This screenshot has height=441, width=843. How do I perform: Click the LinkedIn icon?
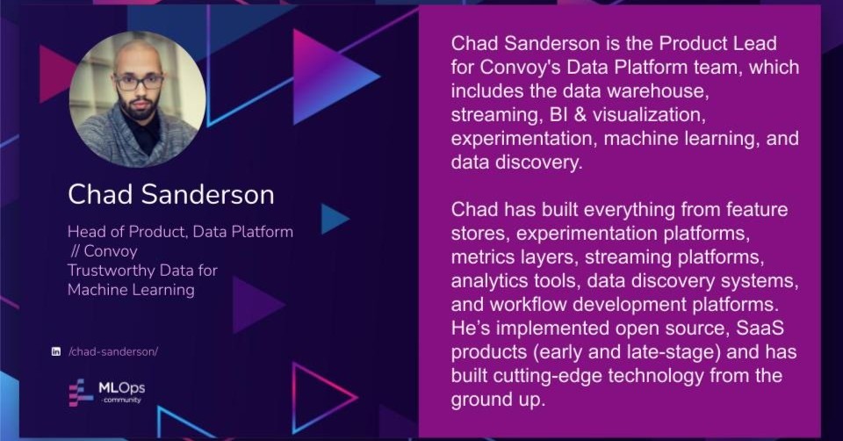(56, 351)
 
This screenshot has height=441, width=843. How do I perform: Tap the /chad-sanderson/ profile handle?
(113, 351)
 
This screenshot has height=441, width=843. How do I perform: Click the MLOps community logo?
(107, 393)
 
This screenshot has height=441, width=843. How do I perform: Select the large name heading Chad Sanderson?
(171, 194)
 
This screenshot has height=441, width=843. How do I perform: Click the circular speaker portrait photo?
(138, 99)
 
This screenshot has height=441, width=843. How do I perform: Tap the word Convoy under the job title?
(111, 251)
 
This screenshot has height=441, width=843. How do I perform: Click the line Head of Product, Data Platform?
(180, 232)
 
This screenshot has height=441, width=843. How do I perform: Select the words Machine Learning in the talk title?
(131, 290)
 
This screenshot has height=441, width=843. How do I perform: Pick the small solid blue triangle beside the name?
(335, 219)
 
